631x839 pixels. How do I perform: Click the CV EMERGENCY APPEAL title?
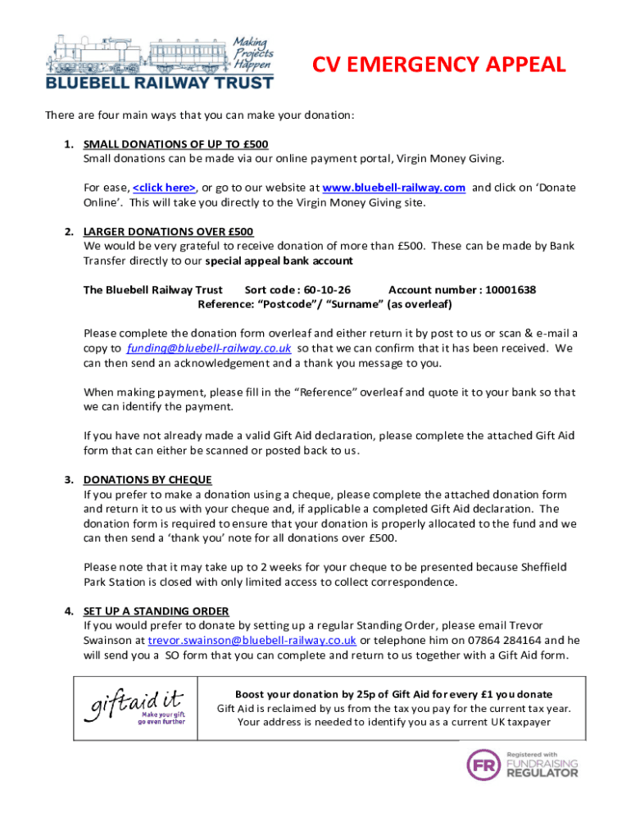coord(441,65)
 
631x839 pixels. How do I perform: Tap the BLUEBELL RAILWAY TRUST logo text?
coord(159,82)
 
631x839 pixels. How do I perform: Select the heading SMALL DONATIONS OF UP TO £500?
coord(176,144)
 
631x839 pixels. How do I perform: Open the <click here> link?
coord(164,188)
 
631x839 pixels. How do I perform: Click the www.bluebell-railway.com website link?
coord(394,188)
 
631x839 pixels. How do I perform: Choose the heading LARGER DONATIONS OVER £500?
coord(168,231)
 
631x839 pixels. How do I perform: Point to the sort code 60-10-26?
coord(327,290)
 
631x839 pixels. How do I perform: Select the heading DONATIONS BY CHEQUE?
coord(148,479)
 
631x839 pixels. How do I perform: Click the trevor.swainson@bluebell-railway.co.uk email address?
coord(252,640)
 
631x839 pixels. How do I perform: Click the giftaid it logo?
coord(134,707)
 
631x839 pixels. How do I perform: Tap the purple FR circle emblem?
coord(483,765)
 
